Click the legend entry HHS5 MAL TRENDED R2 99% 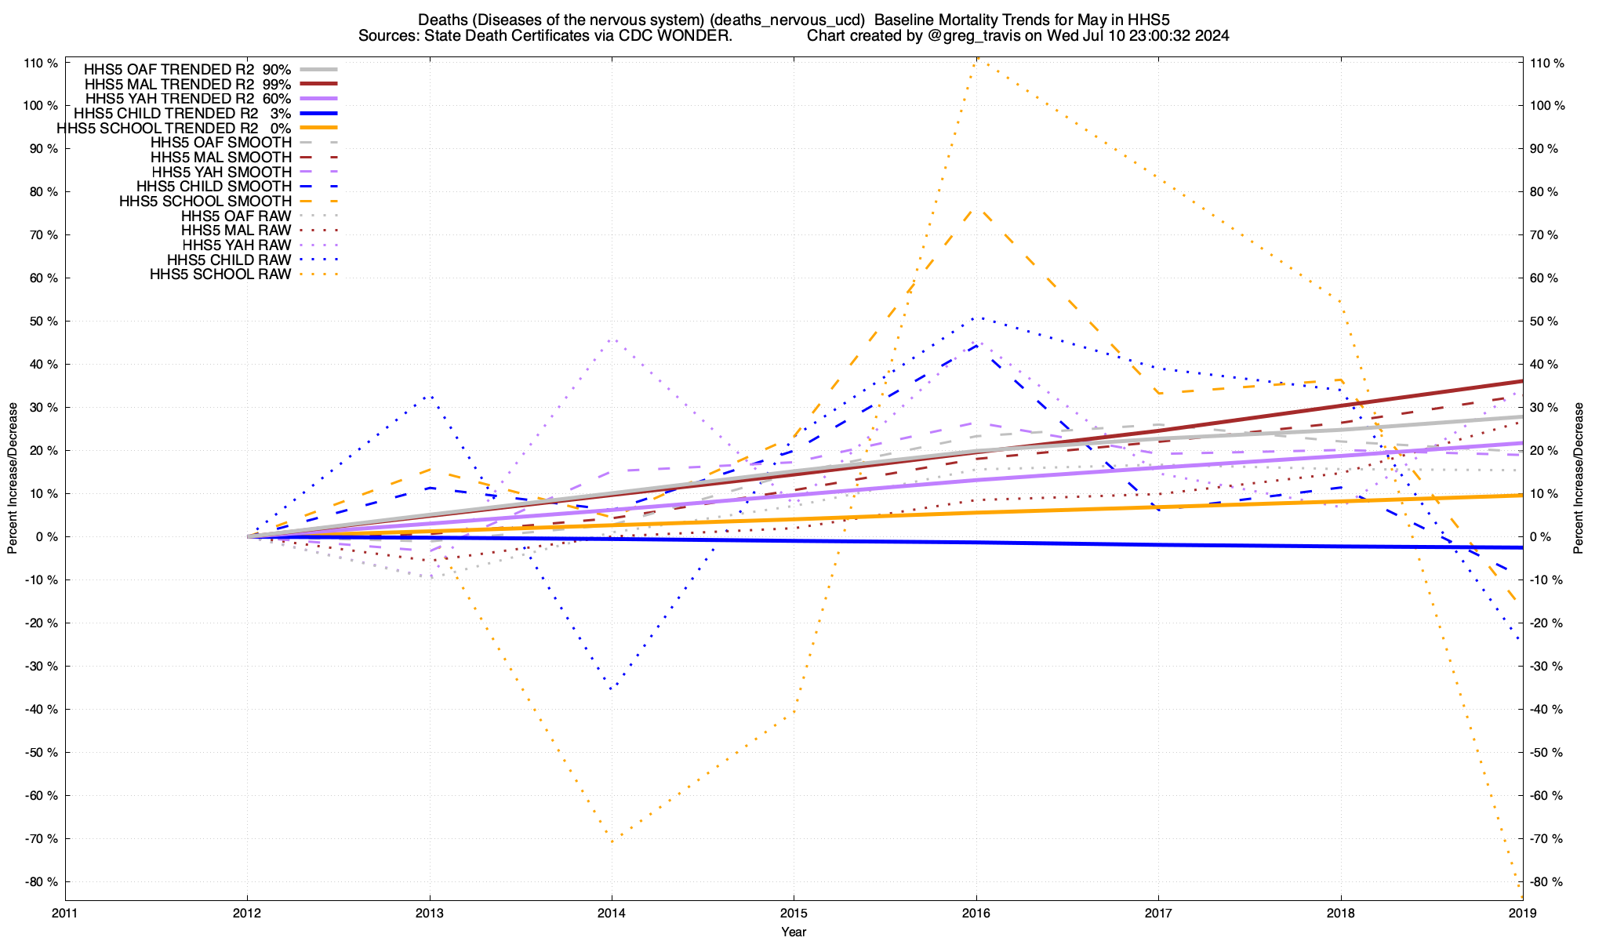[x=187, y=84]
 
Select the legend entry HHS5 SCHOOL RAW [x=220, y=274]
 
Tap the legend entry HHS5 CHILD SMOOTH [x=213, y=187]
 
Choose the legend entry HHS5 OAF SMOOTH [x=220, y=143]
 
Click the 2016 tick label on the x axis [x=976, y=913]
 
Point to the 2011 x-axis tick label [x=65, y=913]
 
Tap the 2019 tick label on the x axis [x=1522, y=913]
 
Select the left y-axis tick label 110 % [x=41, y=63]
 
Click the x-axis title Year [x=794, y=932]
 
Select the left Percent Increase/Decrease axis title [x=13, y=478]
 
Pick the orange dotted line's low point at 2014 [x=612, y=840]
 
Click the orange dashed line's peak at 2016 [x=976, y=209]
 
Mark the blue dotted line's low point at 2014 [x=612, y=688]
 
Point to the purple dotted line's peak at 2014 [x=612, y=340]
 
